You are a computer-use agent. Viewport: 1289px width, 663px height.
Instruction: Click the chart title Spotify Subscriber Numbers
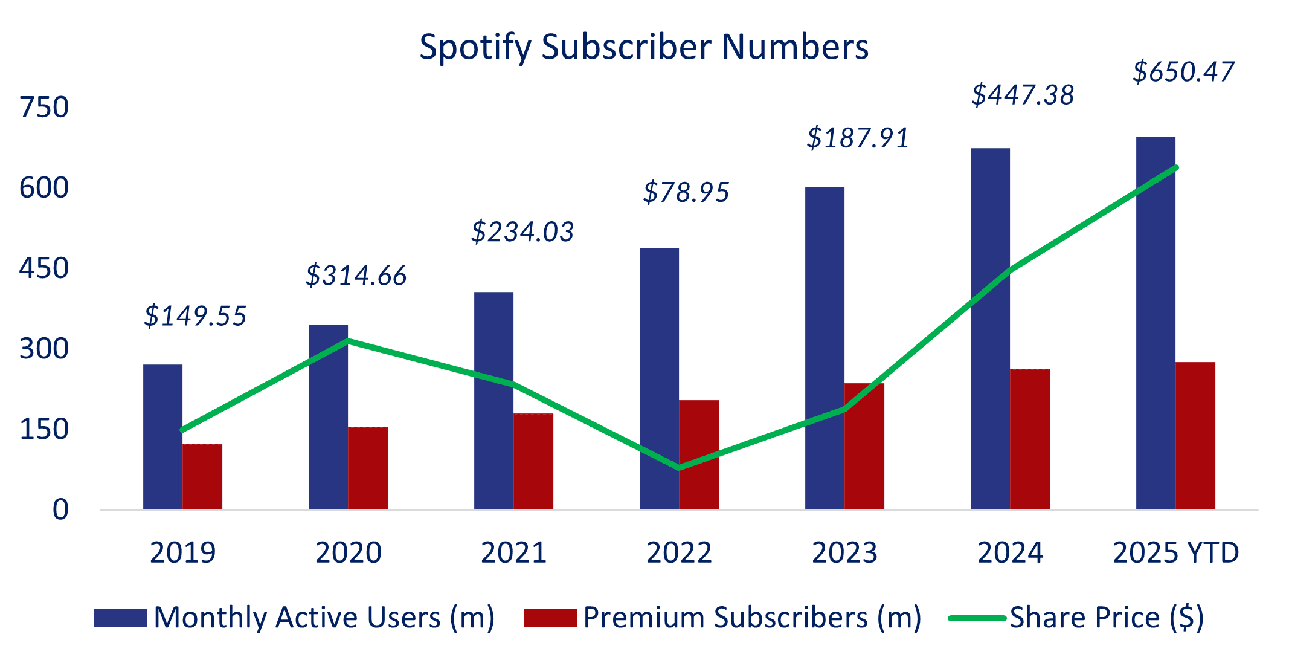click(x=644, y=47)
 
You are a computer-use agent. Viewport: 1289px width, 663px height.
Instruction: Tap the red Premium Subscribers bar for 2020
click(x=368, y=468)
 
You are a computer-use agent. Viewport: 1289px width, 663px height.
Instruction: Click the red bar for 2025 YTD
click(x=1195, y=435)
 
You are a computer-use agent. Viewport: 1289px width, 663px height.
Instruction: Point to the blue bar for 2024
click(x=990, y=329)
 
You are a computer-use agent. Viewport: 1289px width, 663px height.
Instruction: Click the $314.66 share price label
click(x=356, y=276)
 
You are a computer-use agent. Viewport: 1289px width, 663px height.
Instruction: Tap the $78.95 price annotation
click(x=686, y=192)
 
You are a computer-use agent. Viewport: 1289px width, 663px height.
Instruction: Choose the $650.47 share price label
click(x=1183, y=72)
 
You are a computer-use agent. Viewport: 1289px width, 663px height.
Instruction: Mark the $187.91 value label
click(x=858, y=138)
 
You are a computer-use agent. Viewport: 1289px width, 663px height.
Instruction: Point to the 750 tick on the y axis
click(x=44, y=108)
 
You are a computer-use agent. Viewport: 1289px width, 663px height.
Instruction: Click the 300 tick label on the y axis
click(x=44, y=349)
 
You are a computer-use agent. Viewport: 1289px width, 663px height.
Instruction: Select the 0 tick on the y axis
click(x=60, y=509)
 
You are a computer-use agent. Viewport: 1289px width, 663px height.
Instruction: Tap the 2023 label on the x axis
click(x=844, y=552)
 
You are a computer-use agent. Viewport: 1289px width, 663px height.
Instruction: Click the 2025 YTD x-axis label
click(x=1175, y=552)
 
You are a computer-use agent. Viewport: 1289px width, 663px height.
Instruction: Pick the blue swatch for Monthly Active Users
click(x=121, y=618)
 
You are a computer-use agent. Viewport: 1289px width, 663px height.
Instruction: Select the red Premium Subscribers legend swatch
click(x=550, y=618)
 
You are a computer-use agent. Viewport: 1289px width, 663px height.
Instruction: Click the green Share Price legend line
click(x=977, y=618)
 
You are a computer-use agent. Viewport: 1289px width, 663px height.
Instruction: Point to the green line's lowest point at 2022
click(x=680, y=467)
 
